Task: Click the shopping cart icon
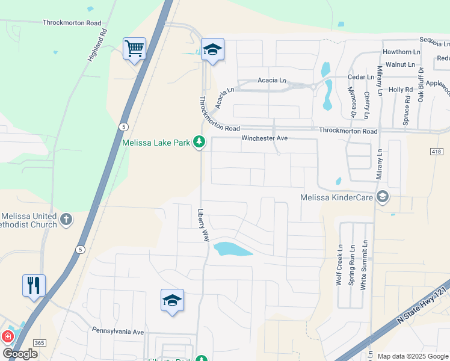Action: coord(134,48)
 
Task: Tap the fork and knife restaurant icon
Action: coord(34,285)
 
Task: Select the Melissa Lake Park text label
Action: coord(156,143)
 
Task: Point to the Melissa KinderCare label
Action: coord(336,197)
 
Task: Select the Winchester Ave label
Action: coord(265,138)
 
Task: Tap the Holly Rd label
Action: coord(400,90)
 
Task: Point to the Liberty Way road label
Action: coord(204,225)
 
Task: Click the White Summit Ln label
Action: coord(363,265)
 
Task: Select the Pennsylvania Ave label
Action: coord(118,332)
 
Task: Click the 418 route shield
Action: coord(437,152)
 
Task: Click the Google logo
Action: coord(20,354)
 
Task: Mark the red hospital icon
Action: coord(8,337)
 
